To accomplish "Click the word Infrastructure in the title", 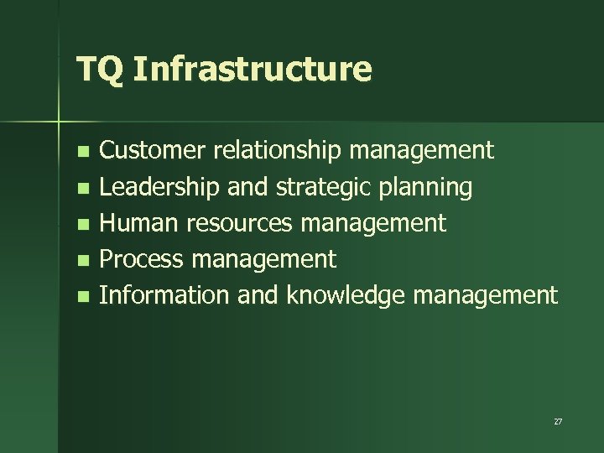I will click(x=251, y=69).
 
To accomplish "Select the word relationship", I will click(x=277, y=151).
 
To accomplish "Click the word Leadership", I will click(x=159, y=187).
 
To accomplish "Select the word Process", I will click(x=141, y=259).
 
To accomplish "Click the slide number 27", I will click(x=558, y=421).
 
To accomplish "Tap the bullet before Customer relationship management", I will click(x=81, y=153).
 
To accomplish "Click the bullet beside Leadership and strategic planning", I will click(x=81, y=189).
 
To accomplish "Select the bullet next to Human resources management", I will click(x=81, y=225).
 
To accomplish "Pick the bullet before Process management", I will click(x=81, y=261).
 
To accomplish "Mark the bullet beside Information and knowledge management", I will click(x=81, y=297).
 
